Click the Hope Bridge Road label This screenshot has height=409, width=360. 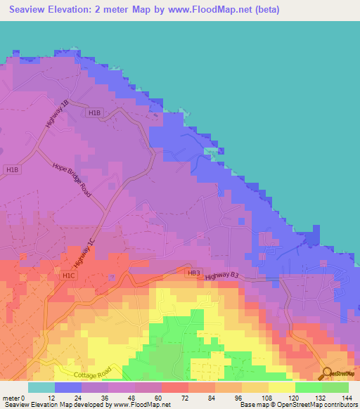72,181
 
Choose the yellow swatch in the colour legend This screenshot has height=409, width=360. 281,387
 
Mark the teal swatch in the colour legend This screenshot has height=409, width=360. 41,387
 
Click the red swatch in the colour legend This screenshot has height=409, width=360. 174,387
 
